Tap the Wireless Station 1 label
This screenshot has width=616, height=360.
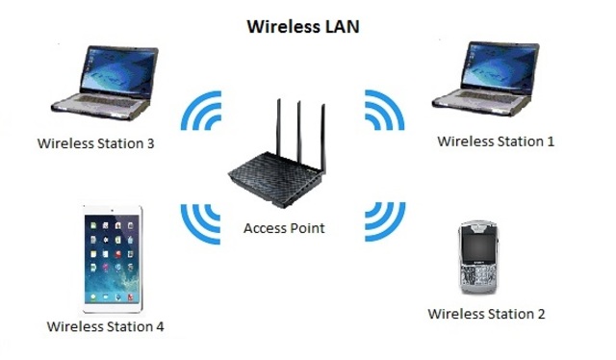point(496,141)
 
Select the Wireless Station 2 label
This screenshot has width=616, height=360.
point(486,314)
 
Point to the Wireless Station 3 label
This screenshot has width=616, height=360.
point(96,143)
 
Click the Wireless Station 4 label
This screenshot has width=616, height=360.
point(106,326)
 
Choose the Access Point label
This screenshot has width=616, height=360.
point(284,228)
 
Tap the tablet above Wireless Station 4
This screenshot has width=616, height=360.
point(113,257)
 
